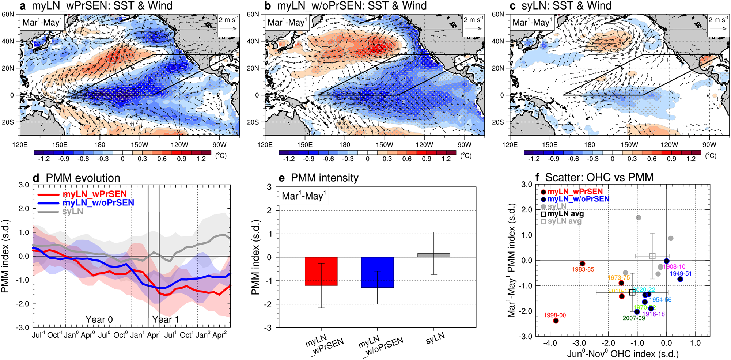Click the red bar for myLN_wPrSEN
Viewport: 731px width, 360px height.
321,271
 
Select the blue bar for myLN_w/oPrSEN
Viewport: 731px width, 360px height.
377,272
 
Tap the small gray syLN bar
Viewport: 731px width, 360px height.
434,255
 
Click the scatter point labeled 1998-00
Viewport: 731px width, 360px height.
556,321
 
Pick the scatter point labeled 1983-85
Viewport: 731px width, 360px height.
583,264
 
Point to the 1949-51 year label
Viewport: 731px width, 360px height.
681,273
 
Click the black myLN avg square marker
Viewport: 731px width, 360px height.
632,292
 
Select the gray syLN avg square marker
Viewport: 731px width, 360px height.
652,256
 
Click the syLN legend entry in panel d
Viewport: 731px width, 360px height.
72,211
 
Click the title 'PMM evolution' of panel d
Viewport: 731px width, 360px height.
83,178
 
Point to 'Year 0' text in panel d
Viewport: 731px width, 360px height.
99,319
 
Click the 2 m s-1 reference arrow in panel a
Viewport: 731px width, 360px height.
229,29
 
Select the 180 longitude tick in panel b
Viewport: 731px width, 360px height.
344,145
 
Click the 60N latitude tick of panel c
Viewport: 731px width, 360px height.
498,14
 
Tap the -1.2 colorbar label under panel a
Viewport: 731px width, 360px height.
43,159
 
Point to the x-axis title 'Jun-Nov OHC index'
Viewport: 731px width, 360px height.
622,354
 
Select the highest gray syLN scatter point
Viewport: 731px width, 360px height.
639,218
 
